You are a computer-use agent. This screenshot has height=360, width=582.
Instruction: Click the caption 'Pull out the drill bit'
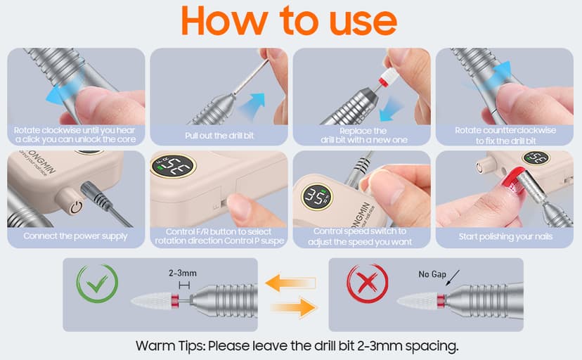click(x=219, y=135)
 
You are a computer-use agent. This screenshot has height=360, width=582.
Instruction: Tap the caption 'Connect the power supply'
click(x=75, y=236)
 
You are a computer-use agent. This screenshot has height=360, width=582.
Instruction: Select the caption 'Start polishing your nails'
click(x=505, y=237)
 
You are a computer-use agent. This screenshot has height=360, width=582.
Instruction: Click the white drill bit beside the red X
click(x=417, y=300)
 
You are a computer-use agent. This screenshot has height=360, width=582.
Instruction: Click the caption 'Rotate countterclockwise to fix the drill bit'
click(x=505, y=136)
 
